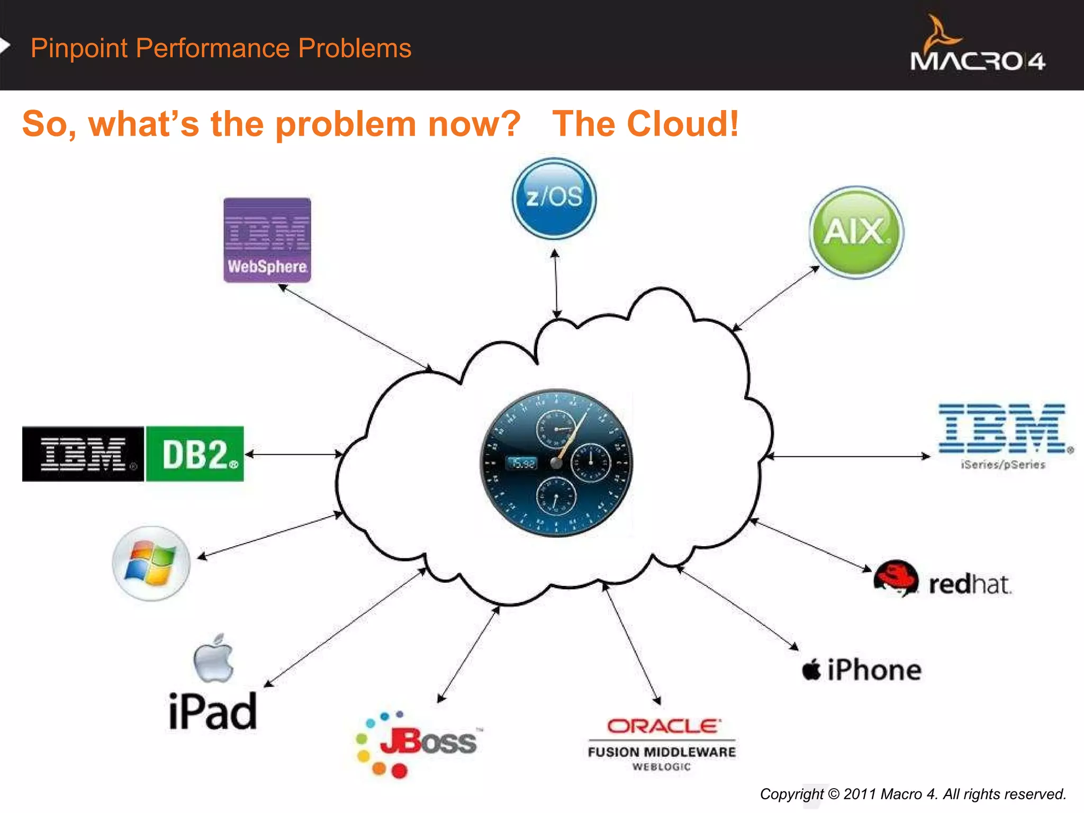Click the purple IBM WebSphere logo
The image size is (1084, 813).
pos(267,240)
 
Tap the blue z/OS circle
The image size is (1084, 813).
pos(554,198)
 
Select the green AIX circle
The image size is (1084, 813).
pos(856,232)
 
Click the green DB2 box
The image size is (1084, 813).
pos(195,454)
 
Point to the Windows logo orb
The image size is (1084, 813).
pos(151,563)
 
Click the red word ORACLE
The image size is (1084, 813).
pos(664,726)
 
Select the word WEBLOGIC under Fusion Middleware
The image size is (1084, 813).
pos(662,767)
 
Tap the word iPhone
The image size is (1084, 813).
pos(873,670)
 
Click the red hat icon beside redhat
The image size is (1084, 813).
pos(896,579)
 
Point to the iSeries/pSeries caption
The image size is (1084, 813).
pos(1003,465)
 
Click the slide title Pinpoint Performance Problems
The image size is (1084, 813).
pos(221,48)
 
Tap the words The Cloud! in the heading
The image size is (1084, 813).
pos(645,124)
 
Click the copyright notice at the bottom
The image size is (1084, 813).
pos(913,794)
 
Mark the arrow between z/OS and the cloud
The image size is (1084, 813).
pos(556,284)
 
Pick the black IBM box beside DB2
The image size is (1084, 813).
pos(83,454)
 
